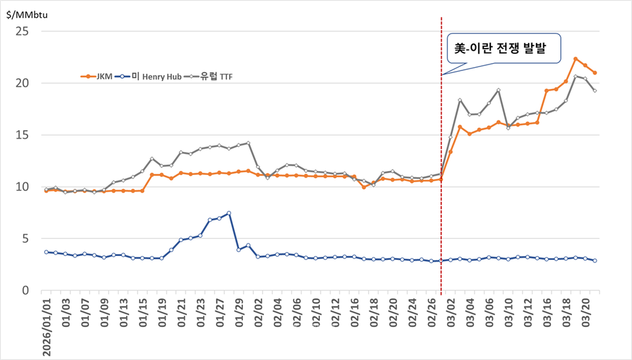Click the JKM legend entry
pyautogui.click(x=96, y=76)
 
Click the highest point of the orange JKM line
pyautogui.click(x=575, y=59)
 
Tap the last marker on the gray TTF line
pyautogui.click(x=594, y=91)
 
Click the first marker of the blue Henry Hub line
pyautogui.click(x=45, y=252)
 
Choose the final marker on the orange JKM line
pyautogui.click(x=594, y=73)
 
